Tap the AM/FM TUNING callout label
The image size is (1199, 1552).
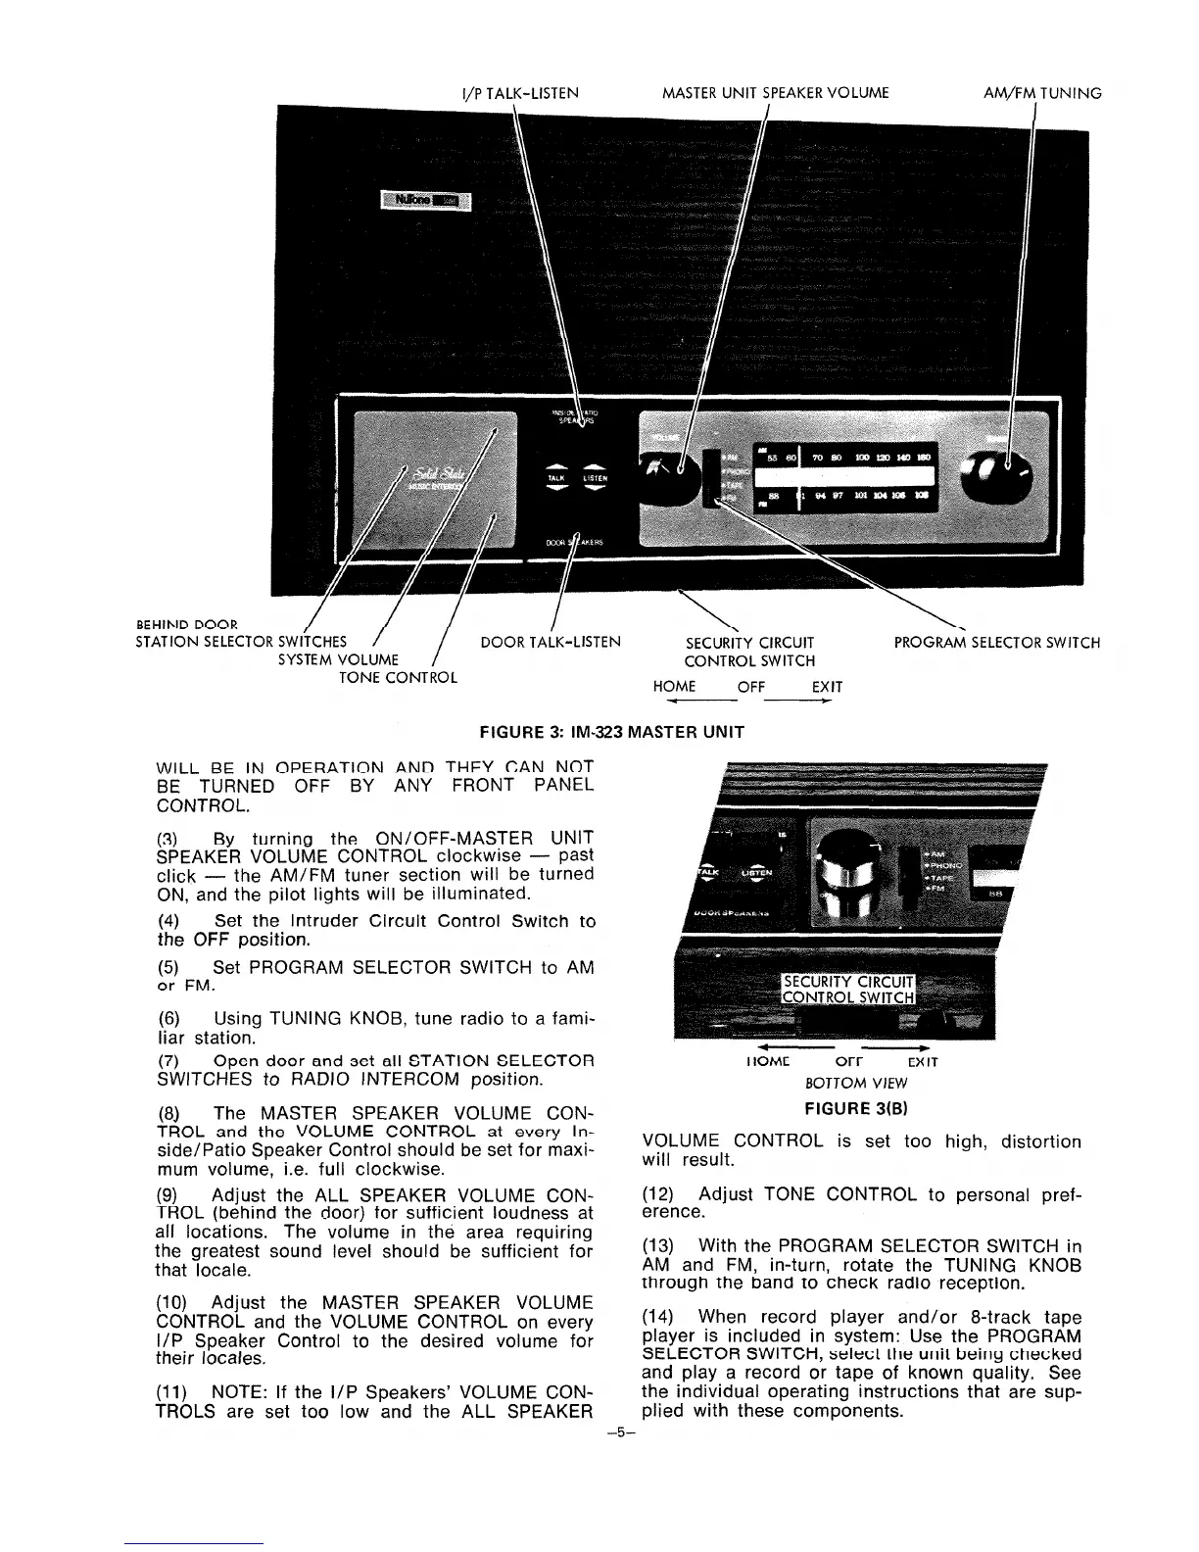coord(1042,94)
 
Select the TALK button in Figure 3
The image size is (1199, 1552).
coord(555,478)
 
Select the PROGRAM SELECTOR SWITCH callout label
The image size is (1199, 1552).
coord(996,644)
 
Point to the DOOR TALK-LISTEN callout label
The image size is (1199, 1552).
coord(551,644)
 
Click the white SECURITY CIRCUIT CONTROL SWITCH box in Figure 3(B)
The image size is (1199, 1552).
coord(846,990)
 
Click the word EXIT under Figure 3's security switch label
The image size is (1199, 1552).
coord(828,687)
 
